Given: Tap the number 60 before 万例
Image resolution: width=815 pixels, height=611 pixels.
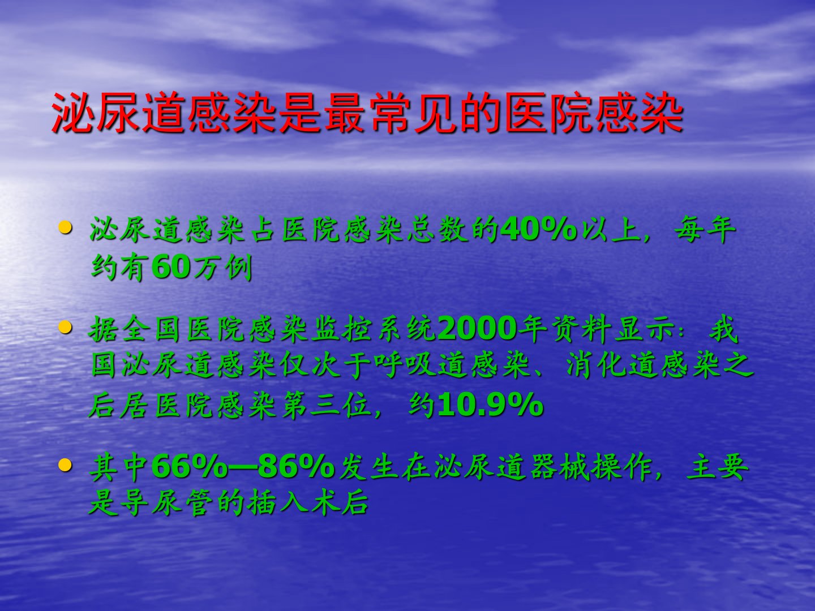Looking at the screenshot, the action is [171, 266].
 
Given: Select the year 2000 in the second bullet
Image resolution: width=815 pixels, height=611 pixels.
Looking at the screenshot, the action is [477, 329].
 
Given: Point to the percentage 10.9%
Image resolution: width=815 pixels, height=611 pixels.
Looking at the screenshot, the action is [491, 405].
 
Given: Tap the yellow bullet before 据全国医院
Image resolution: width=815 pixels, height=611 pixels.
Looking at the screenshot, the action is [65, 327].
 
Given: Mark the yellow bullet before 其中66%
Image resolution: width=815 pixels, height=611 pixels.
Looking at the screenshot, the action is [65, 464].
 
